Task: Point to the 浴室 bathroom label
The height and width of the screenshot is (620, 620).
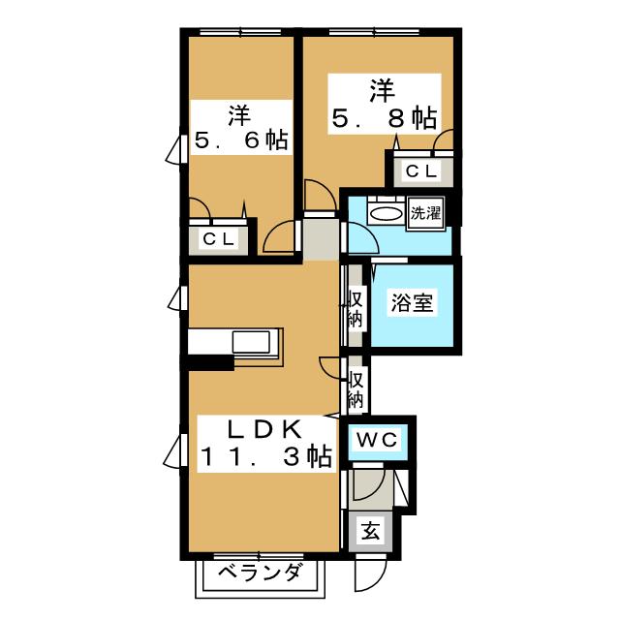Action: click(x=411, y=302)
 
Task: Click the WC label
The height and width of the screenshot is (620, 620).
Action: click(x=379, y=439)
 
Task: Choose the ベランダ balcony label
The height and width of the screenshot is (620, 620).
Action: click(x=259, y=573)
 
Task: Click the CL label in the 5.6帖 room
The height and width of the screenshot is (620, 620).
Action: click(x=220, y=239)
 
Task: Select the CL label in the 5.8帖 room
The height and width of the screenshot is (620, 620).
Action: click(x=421, y=171)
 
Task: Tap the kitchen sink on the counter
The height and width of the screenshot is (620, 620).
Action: click(x=255, y=342)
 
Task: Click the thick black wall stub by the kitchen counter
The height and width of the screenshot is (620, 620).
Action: click(x=211, y=364)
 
